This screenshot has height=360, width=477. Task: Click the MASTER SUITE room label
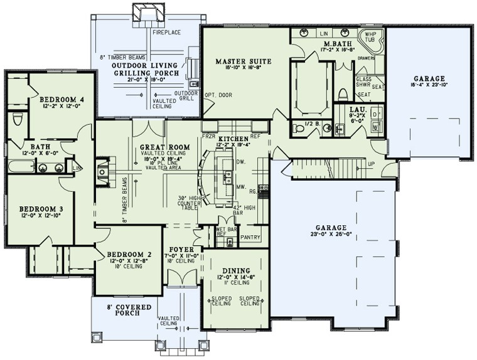[x=243, y=61]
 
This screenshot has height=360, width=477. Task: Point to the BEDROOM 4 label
[x=62, y=100]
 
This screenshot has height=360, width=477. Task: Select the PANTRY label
[x=250, y=238]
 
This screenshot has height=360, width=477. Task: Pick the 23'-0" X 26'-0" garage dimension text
[x=331, y=235]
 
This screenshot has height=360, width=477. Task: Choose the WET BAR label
[x=225, y=230]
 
